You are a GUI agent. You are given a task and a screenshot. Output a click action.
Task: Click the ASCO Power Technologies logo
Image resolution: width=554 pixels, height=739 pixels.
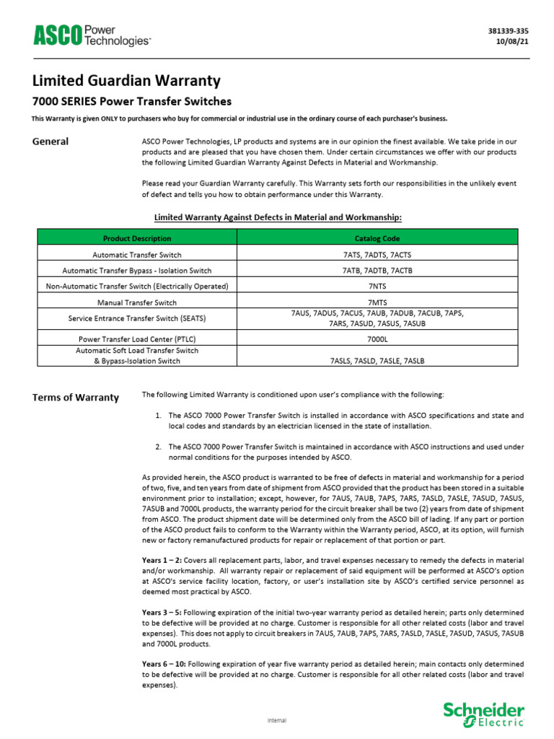coord(91,35)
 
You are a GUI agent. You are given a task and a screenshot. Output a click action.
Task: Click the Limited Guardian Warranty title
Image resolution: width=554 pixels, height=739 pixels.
coord(126,80)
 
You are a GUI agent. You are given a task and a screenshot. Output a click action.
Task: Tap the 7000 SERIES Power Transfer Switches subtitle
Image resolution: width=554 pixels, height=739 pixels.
coord(132,101)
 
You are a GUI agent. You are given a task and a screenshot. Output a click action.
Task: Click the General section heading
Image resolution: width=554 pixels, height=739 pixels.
coord(50,141)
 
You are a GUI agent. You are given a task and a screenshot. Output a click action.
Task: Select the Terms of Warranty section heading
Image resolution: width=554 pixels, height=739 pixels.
coord(76,398)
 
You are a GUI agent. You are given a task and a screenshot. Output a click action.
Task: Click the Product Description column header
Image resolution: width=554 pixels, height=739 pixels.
coord(137,238)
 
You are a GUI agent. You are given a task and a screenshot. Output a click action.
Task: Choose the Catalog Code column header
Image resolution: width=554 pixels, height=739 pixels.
coord(377,238)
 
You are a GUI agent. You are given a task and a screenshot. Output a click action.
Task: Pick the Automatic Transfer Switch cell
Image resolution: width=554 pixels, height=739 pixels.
coord(137,255)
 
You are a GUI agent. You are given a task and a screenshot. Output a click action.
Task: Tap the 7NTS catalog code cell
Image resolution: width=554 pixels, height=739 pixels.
coord(377,287)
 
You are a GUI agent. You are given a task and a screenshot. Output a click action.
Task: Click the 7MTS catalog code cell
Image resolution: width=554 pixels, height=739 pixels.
coord(377,302)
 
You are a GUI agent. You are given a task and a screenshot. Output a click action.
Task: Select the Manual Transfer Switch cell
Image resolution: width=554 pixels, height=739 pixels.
coord(137,302)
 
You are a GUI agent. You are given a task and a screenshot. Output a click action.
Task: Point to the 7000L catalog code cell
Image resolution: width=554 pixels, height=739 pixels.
coord(377,338)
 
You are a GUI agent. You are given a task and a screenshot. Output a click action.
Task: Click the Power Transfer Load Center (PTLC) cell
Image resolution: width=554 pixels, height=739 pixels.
coord(137,338)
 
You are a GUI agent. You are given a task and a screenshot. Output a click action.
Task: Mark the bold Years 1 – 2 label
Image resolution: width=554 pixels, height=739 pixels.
coord(162,561)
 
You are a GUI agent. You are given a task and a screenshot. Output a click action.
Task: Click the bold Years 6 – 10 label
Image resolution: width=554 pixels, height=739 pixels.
coord(164,663)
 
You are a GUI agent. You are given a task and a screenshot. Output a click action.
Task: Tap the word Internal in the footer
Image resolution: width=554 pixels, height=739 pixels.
coord(277,720)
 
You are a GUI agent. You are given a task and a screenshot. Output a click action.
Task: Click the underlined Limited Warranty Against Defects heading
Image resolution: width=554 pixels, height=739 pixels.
coord(278,217)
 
